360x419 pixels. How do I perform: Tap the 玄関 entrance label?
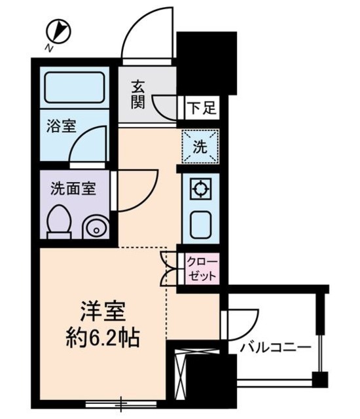[x=137, y=94]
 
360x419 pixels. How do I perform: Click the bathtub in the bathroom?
[x=74, y=88]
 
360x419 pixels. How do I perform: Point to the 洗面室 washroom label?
[x=73, y=189]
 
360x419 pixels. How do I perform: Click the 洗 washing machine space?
[x=200, y=147]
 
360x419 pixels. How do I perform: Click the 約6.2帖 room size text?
[x=103, y=338]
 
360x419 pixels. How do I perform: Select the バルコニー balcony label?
[x=274, y=348]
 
